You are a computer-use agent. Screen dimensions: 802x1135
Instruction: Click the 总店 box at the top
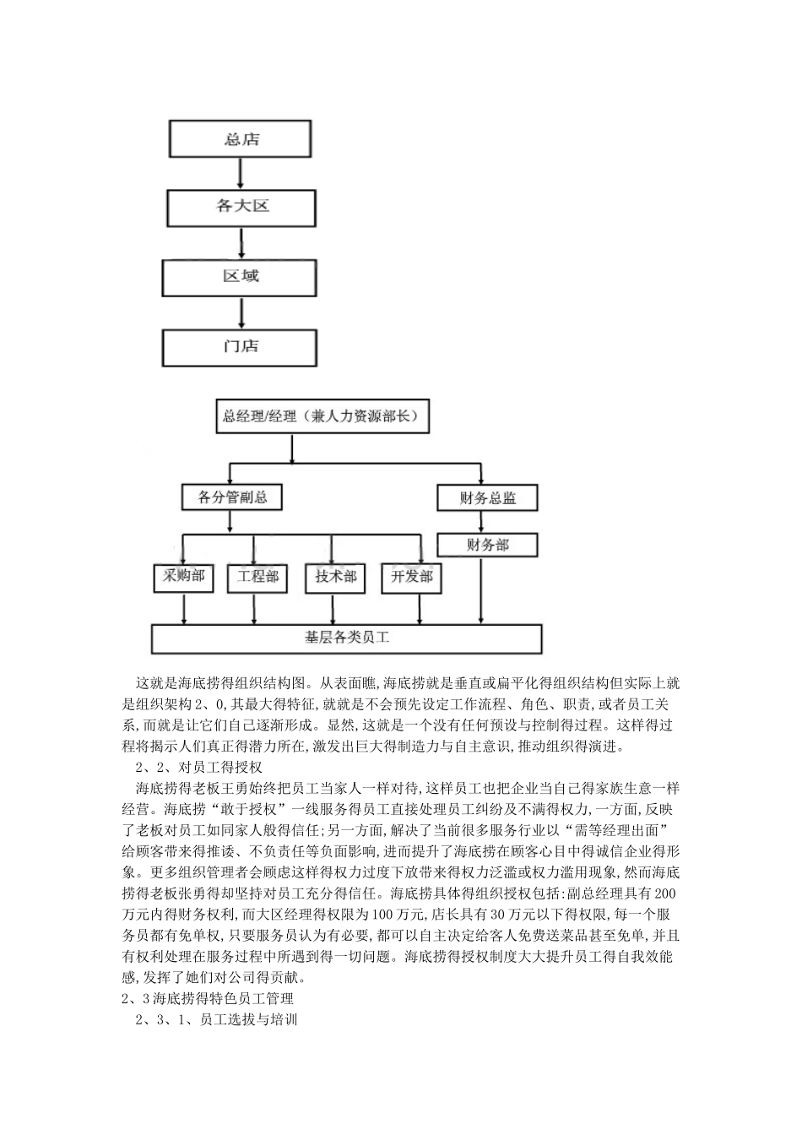click(x=241, y=139)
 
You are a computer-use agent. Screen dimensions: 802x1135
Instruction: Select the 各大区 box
click(x=241, y=206)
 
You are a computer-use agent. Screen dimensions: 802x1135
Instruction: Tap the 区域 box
click(x=241, y=277)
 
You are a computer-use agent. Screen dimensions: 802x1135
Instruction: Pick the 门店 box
click(x=241, y=347)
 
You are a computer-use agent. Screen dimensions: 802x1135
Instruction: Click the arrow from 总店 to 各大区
click(x=241, y=174)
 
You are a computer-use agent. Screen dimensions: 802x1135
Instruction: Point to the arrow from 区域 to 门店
click(x=241, y=313)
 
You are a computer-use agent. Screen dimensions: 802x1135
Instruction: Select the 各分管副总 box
click(x=232, y=497)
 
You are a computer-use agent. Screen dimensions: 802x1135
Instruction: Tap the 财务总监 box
click(x=487, y=498)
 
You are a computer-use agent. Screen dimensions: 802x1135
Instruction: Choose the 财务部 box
click(x=487, y=545)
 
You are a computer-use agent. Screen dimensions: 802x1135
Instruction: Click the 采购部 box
click(x=183, y=577)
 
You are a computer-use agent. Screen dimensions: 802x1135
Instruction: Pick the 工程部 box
click(x=258, y=578)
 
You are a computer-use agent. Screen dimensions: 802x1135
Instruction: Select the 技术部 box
click(x=335, y=578)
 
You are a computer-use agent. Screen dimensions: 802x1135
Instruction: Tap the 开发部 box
click(x=411, y=578)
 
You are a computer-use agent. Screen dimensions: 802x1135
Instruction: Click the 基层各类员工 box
click(x=346, y=638)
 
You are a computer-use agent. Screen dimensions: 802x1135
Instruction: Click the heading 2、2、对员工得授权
click(x=200, y=768)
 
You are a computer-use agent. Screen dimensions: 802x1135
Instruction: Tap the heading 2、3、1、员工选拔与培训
click(x=217, y=1019)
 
